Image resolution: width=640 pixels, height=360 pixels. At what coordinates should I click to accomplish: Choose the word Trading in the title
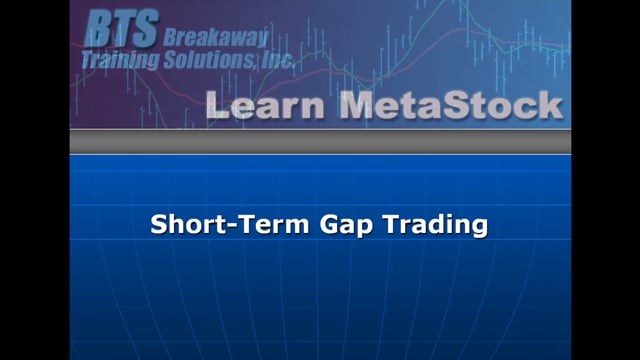point(420,225)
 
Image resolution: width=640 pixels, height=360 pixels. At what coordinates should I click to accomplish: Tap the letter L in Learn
point(217,105)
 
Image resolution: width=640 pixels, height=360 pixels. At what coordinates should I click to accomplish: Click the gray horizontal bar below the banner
point(320,142)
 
